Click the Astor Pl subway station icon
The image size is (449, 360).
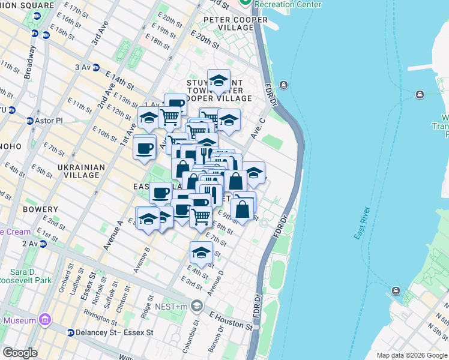click(x=29, y=121)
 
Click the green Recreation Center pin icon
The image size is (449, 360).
click(x=244, y=3)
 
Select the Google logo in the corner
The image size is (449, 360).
click(x=20, y=353)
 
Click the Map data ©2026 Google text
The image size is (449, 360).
click(x=412, y=355)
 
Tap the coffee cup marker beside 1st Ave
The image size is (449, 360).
click(x=145, y=148)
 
